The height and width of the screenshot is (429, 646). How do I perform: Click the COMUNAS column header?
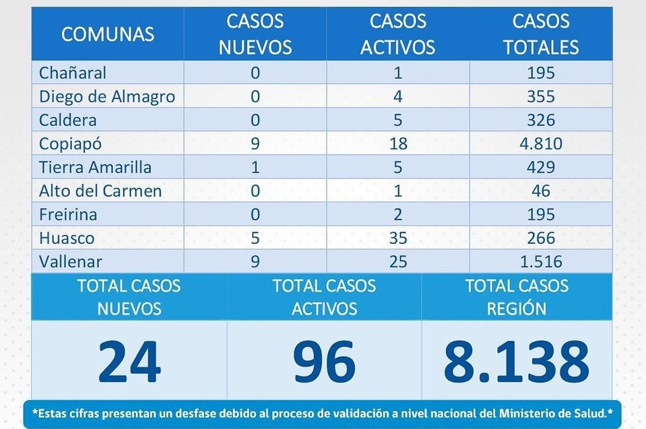tap(108, 34)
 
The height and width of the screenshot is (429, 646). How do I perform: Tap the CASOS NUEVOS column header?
tap(255, 34)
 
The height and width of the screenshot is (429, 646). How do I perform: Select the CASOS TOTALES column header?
tap(541, 34)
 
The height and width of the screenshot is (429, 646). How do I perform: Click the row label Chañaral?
tap(73, 73)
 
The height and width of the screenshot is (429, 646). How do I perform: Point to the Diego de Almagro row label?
tap(107, 96)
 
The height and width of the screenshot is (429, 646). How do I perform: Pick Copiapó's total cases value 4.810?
tap(541, 143)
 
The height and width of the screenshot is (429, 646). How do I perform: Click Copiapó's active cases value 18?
tap(397, 143)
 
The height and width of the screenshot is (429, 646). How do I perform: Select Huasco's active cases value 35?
tap(397, 238)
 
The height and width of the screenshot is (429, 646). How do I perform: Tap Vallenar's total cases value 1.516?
tap(541, 261)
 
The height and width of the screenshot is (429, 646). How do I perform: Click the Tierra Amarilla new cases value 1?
tap(255, 167)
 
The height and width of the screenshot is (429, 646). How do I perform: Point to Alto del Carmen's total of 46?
tap(541, 191)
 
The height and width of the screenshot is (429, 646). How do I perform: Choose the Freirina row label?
tap(68, 214)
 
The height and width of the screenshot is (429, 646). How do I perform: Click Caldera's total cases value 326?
tap(541, 120)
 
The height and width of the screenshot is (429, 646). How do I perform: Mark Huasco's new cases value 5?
tap(255, 238)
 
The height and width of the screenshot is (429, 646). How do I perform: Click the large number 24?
tap(129, 361)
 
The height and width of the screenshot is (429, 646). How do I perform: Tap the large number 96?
tap(324, 361)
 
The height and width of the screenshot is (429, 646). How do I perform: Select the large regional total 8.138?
tap(516, 361)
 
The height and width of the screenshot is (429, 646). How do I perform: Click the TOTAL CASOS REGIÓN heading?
tap(517, 296)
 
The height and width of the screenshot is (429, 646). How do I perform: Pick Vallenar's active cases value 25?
tap(397, 261)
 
